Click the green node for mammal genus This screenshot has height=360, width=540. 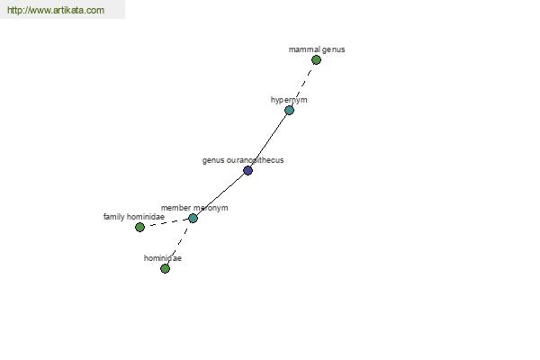[x=316, y=60]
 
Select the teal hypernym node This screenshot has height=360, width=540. [x=289, y=110]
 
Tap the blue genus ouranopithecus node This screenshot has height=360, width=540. [x=248, y=170]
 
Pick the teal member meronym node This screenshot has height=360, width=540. [x=193, y=218]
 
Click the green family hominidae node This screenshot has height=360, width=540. [x=139, y=227]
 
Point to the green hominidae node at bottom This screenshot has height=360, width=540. [x=165, y=268]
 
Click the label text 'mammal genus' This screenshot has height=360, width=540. [x=317, y=49]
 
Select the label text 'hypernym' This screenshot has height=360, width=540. [x=289, y=100]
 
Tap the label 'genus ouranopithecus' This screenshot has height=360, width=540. [x=243, y=160]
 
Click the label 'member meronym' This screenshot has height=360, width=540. [x=194, y=208]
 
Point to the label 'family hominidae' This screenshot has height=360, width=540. [x=134, y=217]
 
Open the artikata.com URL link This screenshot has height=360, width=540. [x=56, y=10]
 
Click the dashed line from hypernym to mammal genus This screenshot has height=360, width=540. [x=302, y=85]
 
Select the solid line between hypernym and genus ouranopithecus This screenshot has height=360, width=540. [x=269, y=141]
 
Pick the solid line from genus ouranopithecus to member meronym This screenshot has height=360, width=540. [x=221, y=195]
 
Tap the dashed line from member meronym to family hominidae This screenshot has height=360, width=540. [x=166, y=222]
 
